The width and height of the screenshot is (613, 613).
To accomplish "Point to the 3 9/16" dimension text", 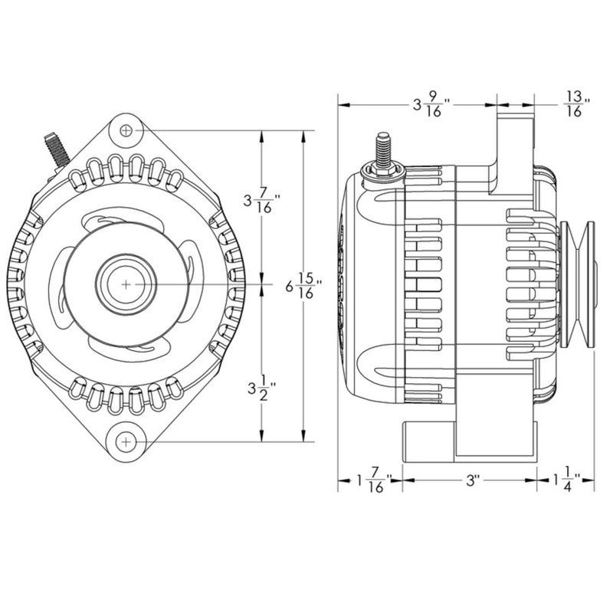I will point(431,105).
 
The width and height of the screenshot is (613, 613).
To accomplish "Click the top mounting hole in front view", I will point(126,131).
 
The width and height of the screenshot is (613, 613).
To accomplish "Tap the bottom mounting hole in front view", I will point(126,442).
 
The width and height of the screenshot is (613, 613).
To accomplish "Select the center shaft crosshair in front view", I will point(126,284).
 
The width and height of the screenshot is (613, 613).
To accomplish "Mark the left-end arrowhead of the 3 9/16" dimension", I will point(343,105).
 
